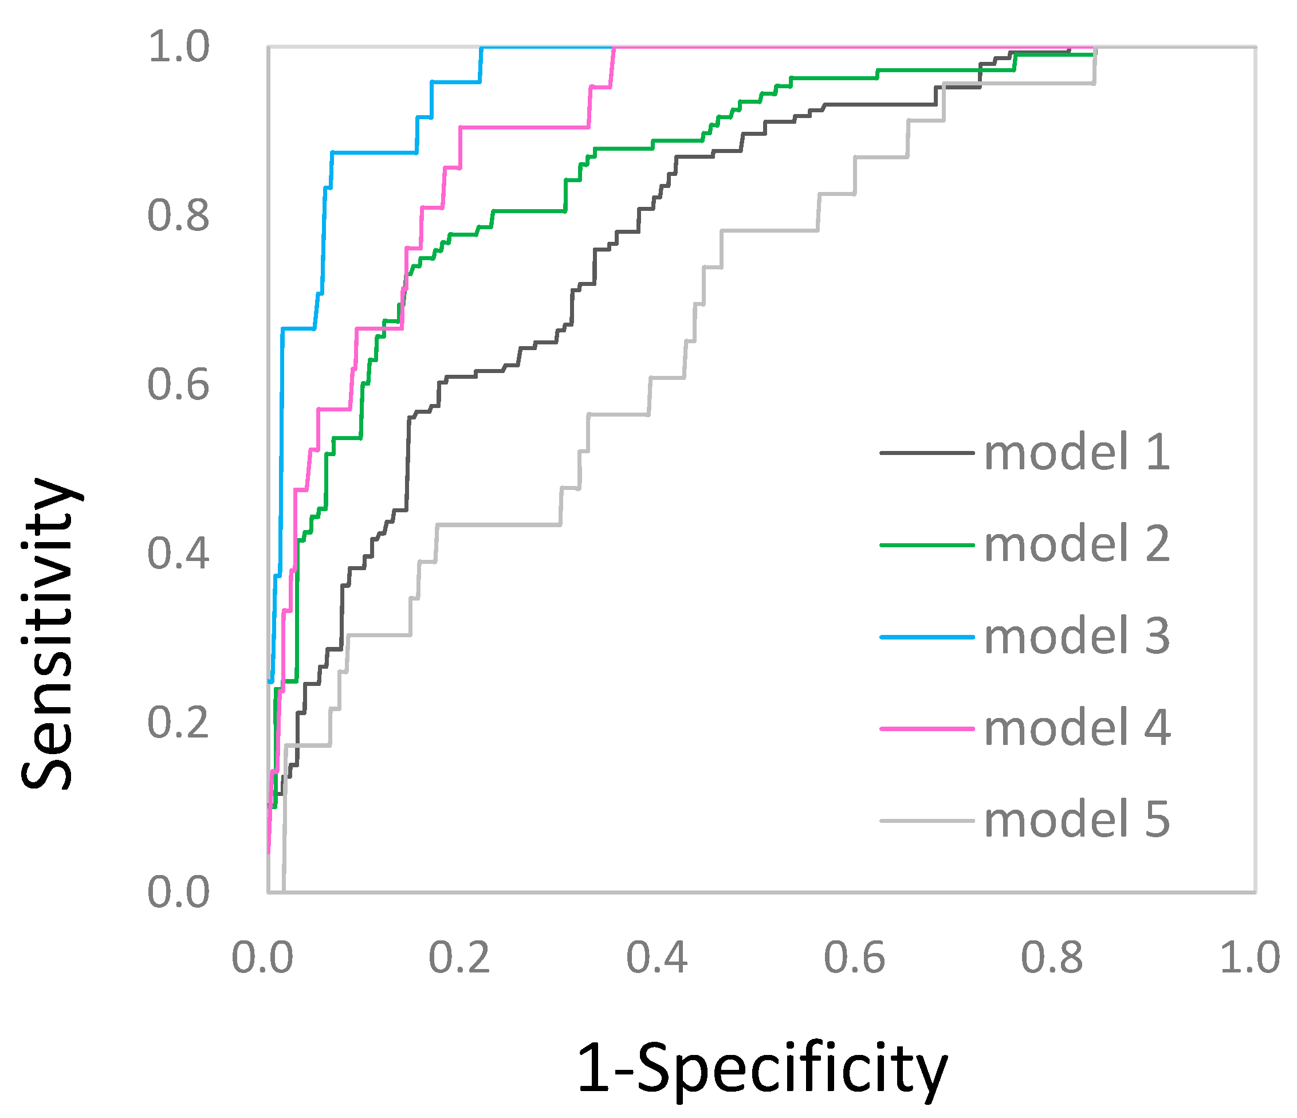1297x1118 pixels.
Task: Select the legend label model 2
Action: pos(1076,544)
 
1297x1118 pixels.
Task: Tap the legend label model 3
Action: pos(1076,636)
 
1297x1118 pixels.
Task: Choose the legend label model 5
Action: pos(1076,820)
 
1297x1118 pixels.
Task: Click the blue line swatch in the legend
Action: pos(927,637)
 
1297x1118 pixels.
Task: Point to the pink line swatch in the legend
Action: pos(927,729)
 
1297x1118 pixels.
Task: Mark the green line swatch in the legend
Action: pos(927,545)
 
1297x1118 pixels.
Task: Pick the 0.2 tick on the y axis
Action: pos(178,723)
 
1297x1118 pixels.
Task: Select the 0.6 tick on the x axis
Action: pos(854,958)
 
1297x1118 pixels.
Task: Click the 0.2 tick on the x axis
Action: pos(459,958)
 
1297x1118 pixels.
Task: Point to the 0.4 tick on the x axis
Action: pos(657,958)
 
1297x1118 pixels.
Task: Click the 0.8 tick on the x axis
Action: pos(1052,958)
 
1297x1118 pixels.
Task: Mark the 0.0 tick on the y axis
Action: pos(178,892)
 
